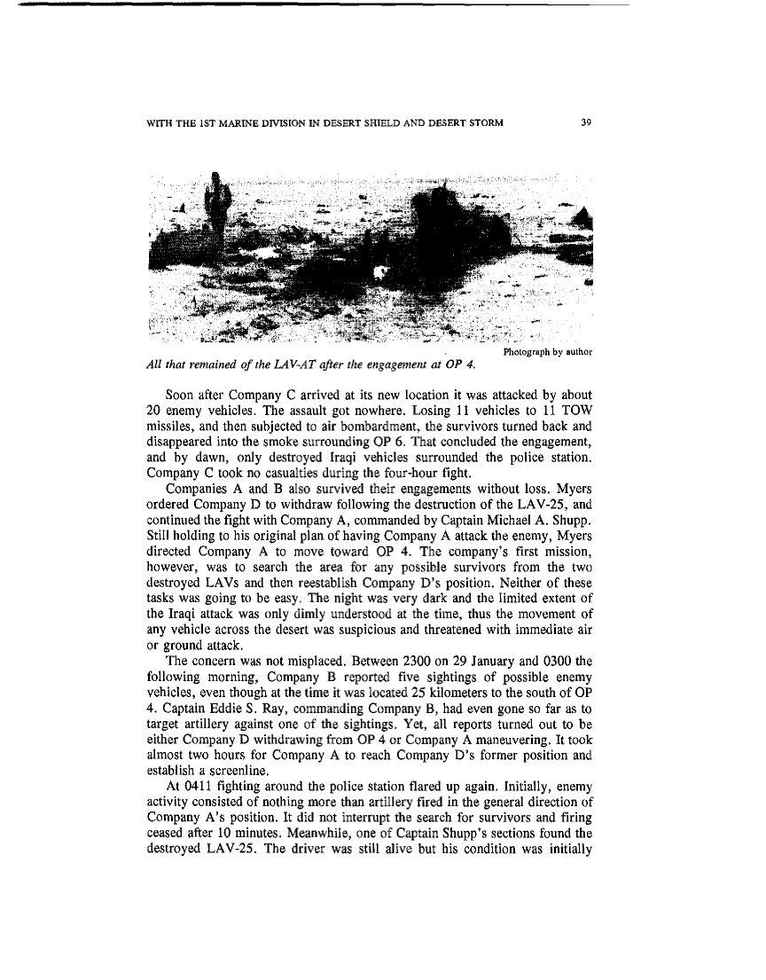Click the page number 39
click(585, 122)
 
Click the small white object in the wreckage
click(383, 272)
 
